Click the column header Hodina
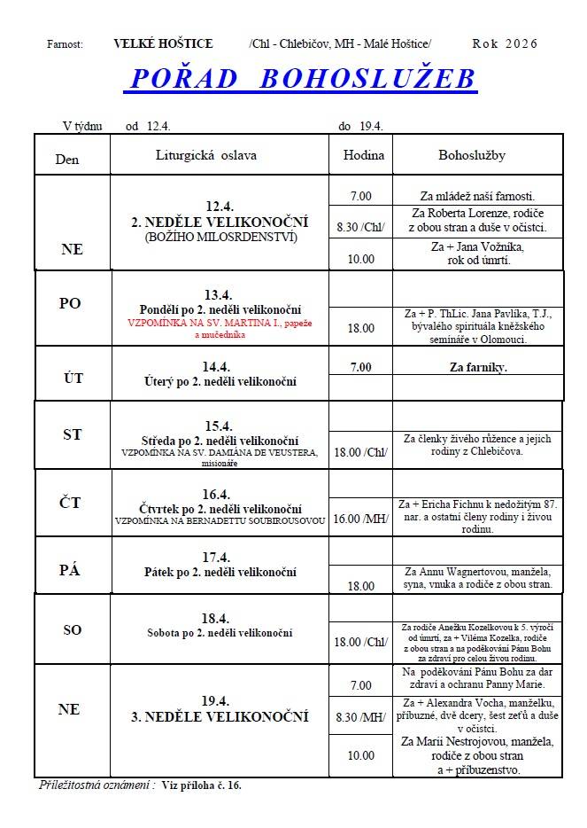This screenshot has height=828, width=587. (x=363, y=155)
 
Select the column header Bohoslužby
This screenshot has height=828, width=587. (x=472, y=155)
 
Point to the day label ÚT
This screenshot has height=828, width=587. (x=73, y=378)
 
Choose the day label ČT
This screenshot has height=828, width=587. (x=70, y=503)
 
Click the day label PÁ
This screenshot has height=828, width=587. (x=70, y=570)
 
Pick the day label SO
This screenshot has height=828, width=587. (x=72, y=629)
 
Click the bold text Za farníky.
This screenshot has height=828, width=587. (x=472, y=366)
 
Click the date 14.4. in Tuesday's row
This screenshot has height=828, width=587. (x=218, y=365)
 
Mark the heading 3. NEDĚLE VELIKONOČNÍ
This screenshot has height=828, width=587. (x=220, y=716)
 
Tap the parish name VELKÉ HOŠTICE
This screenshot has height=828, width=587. (x=164, y=43)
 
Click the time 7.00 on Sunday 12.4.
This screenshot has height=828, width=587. (x=361, y=196)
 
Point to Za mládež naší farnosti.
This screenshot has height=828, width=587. (x=477, y=196)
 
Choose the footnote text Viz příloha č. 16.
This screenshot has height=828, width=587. (x=202, y=785)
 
